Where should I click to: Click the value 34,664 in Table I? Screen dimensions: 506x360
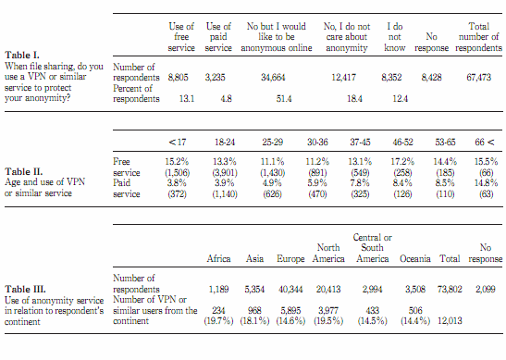(273, 78)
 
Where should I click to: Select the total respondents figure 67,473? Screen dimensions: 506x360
(479, 78)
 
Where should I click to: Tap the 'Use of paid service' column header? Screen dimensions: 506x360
(218, 37)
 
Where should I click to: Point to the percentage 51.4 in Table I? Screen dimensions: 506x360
(284, 99)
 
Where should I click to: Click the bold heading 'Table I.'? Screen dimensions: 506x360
(22, 56)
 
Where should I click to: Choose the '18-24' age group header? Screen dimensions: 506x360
(225, 143)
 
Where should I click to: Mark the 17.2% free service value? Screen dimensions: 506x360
(402, 161)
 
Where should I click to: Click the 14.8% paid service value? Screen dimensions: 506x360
(486, 183)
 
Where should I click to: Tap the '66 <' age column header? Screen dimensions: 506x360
(485, 143)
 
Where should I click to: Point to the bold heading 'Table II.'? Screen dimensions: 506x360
(23, 171)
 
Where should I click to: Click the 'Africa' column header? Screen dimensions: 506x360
(218, 258)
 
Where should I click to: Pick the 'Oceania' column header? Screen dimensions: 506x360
(415, 258)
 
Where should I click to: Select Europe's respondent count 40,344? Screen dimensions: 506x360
(290, 290)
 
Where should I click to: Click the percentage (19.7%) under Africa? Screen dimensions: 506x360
(218, 321)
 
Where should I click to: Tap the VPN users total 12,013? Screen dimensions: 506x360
(450, 321)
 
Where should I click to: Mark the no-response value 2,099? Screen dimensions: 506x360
(486, 290)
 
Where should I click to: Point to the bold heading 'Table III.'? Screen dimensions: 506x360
(25, 289)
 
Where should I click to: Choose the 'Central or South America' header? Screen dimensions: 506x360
(373, 248)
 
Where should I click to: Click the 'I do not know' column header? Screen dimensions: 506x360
(395, 37)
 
